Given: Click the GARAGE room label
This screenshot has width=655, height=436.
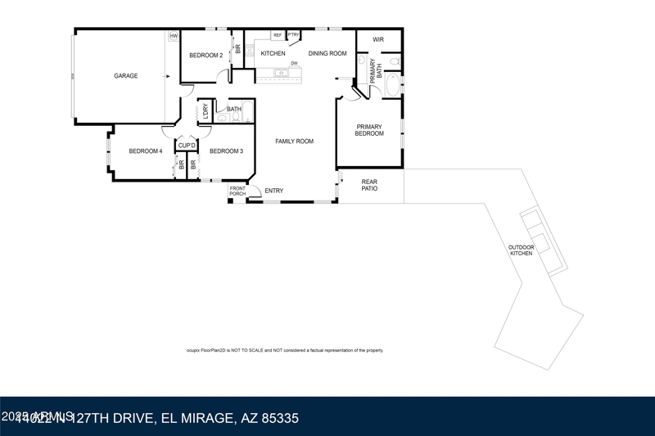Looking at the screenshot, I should [x=125, y=76].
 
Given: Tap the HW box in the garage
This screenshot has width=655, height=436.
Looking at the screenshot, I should [x=174, y=36].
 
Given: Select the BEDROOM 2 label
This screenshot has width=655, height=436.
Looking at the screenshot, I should [x=206, y=55].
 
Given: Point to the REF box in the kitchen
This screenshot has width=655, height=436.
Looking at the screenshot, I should [x=278, y=35].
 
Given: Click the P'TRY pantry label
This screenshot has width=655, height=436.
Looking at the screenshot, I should [x=293, y=34].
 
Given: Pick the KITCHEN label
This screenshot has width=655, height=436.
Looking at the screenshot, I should [x=273, y=54].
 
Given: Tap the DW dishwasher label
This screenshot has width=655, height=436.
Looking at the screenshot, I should [x=293, y=63].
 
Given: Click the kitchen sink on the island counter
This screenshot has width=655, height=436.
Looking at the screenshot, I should [x=281, y=73].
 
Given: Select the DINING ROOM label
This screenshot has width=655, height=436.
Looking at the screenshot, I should [x=327, y=54].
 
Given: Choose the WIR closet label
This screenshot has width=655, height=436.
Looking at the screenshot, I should [x=378, y=39].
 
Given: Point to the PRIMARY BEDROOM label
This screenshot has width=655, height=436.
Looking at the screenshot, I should [x=369, y=130].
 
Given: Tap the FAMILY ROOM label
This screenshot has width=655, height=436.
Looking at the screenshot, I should [x=295, y=142].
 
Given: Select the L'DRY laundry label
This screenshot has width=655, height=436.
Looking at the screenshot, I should [x=205, y=112].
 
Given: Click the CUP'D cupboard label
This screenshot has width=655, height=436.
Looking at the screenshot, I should [x=187, y=146].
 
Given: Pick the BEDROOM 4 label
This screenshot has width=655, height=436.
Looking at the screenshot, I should [x=145, y=151].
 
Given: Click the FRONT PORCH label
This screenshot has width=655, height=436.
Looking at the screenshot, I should [x=237, y=191].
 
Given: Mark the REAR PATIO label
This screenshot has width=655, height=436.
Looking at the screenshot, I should [x=370, y=186].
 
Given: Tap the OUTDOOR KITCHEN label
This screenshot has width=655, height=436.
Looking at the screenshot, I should [x=522, y=250].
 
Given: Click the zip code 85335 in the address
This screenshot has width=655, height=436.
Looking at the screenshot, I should [x=278, y=419].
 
